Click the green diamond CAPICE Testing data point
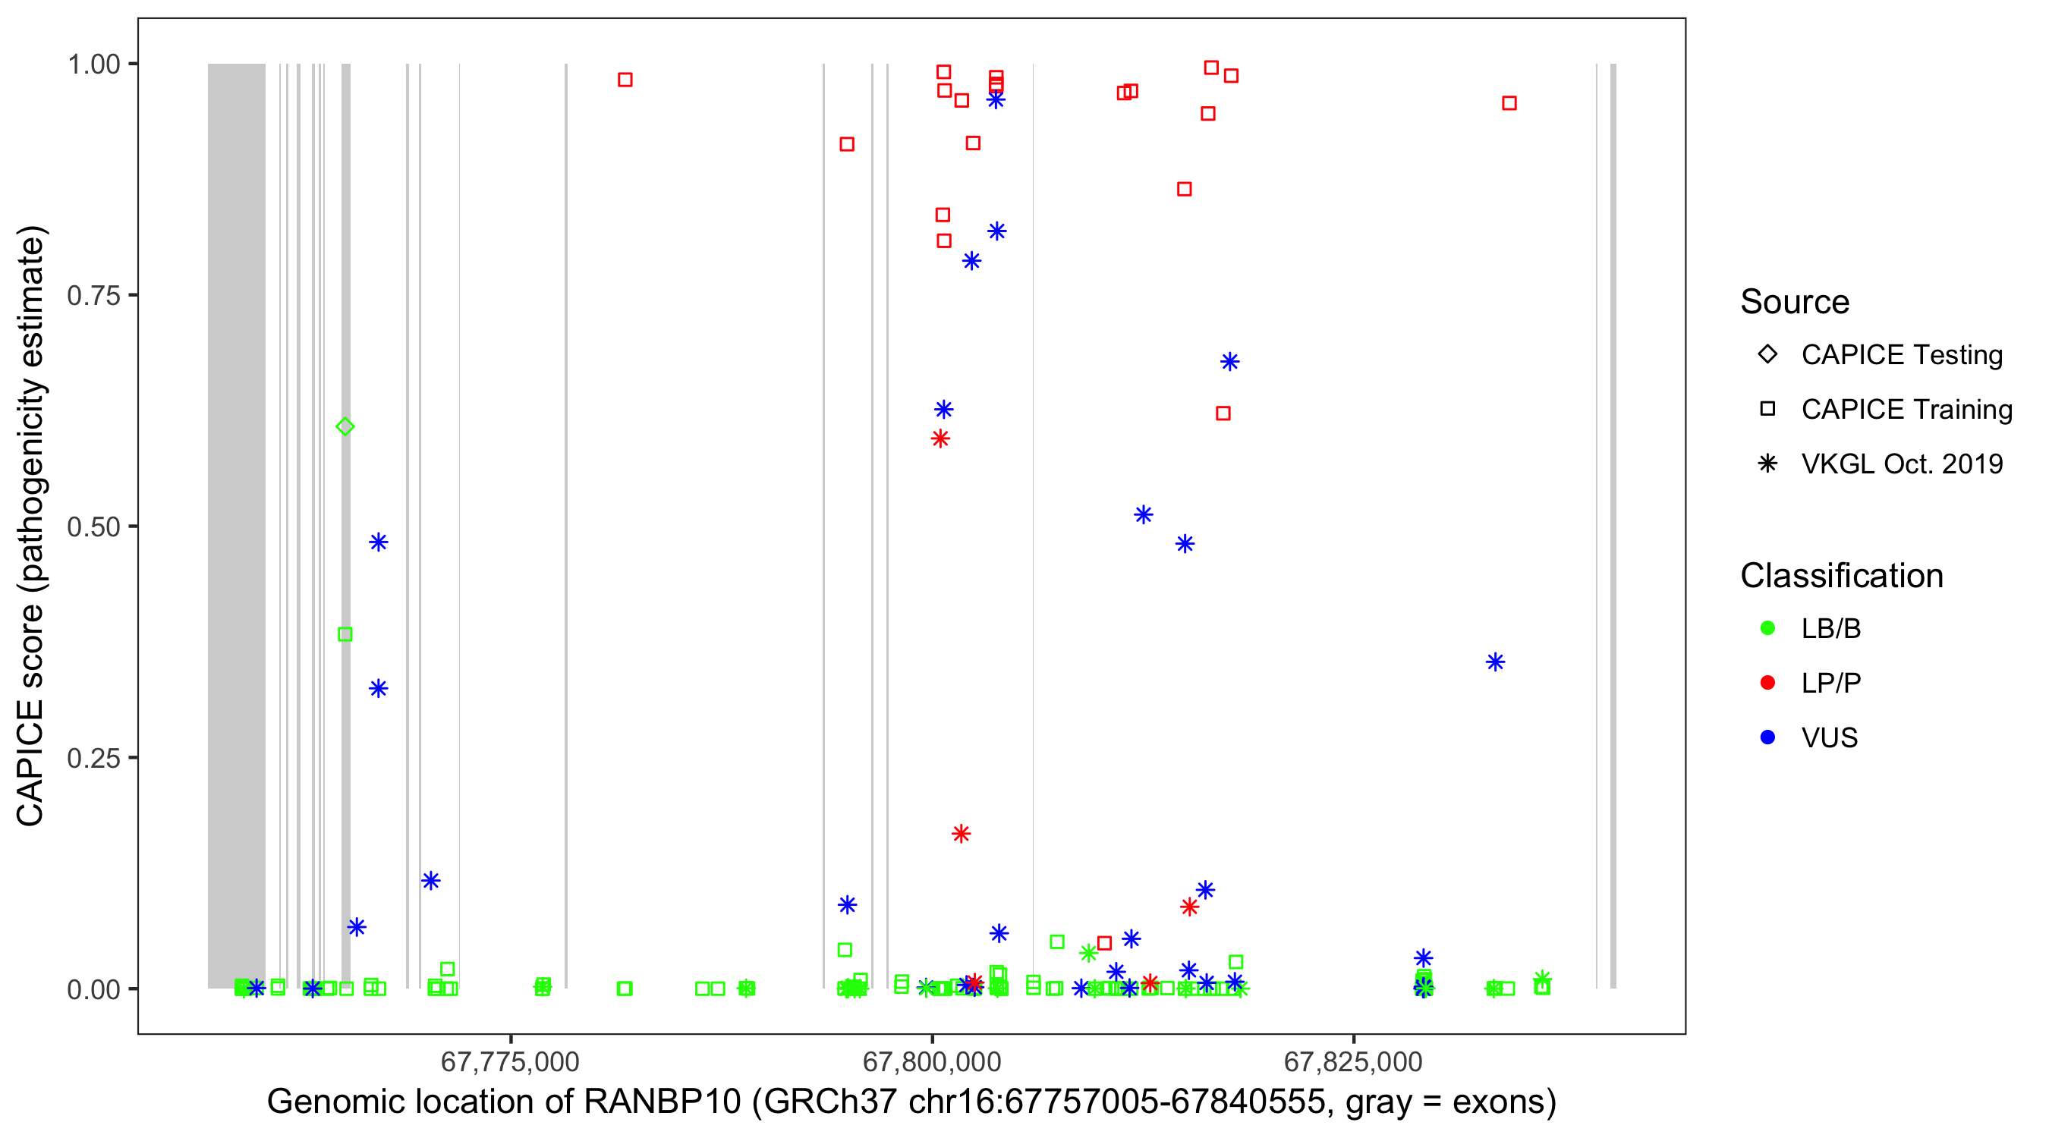345,427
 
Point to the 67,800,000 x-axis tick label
931,1061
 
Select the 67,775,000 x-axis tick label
510,1061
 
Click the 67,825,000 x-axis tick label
1353,1061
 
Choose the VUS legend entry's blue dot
1767,737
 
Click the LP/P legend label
1830,683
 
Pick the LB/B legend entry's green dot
1767,628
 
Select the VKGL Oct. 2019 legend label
1902,464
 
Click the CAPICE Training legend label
1906,410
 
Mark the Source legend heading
1795,302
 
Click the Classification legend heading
1841,576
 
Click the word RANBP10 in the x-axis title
662,1102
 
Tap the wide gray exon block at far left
236,525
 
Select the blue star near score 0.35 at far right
1495,662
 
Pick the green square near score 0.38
345,634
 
